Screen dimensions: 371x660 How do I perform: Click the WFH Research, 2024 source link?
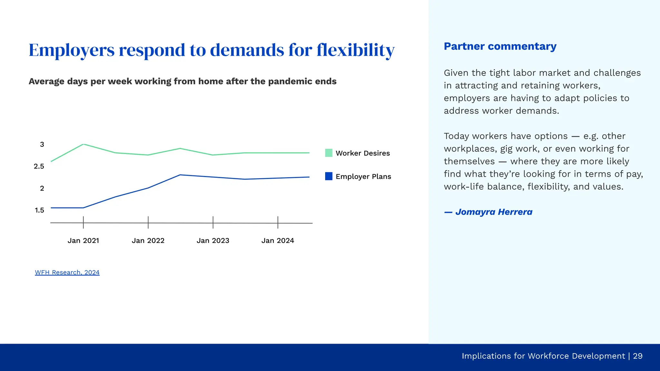tap(67, 272)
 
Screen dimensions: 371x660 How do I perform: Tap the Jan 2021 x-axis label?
tap(83, 241)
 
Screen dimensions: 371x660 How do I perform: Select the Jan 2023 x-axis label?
tap(213, 241)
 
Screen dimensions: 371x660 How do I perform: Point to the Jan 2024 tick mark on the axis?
tap(278, 223)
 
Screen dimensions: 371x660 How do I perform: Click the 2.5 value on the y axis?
tap(39, 166)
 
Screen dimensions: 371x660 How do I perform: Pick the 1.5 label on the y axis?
tap(39, 210)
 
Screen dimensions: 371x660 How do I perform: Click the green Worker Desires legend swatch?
tap(329, 153)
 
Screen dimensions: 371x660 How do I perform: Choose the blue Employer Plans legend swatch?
tap(329, 176)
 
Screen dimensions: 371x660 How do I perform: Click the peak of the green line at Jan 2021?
tap(83, 144)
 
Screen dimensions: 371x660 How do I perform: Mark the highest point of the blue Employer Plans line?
tap(180, 175)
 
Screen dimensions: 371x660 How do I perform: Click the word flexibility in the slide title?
tap(355, 50)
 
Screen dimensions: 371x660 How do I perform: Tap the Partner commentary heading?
tap(500, 46)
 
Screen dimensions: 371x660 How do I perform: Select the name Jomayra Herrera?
tap(494, 212)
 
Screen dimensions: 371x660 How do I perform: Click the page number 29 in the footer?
tap(637, 356)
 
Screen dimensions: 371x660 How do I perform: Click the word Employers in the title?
tap(72, 50)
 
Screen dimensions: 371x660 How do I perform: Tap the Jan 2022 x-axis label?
tap(148, 241)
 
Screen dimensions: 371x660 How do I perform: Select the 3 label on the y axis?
tap(42, 144)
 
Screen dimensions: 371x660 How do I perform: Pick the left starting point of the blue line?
tap(51, 208)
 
